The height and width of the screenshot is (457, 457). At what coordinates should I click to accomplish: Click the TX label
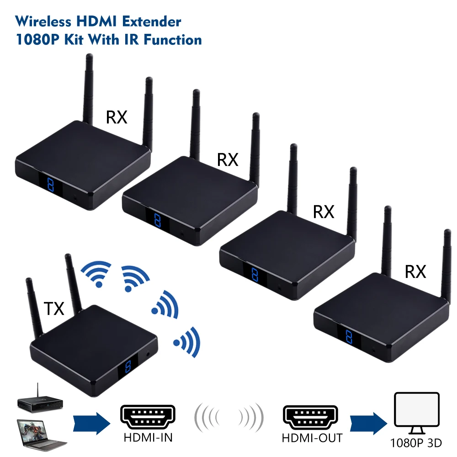[54, 309]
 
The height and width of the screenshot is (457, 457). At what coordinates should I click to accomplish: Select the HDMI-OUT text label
[312, 437]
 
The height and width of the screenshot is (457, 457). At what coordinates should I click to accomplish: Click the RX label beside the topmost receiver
[117, 117]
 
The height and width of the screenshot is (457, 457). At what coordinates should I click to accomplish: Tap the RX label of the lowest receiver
[415, 272]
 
